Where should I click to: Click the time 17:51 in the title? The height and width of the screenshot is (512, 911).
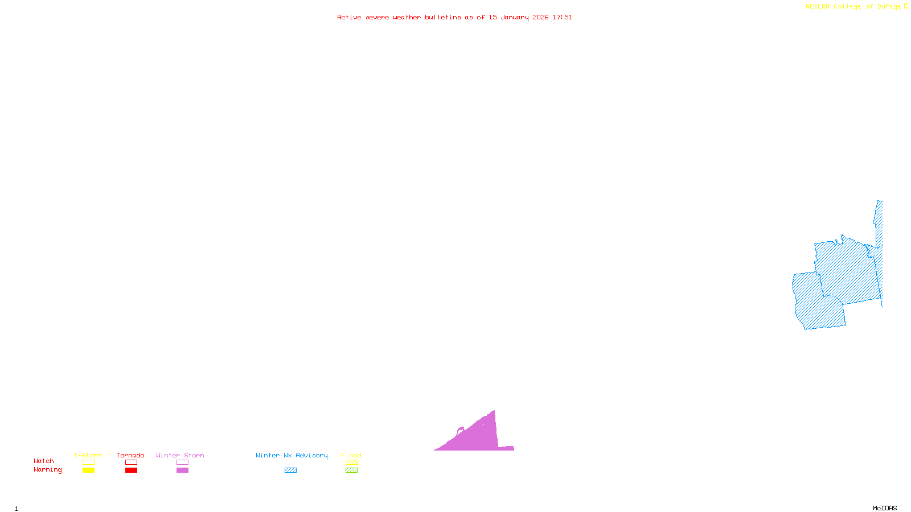(562, 17)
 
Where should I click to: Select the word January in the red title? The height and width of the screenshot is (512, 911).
(515, 17)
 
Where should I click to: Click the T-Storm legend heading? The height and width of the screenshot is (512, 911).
(88, 455)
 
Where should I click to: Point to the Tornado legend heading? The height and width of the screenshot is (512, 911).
(130, 455)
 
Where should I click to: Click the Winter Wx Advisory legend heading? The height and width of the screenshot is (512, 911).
(292, 455)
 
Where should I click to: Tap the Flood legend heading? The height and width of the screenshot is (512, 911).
(351, 455)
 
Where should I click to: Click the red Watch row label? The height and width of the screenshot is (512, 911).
(44, 461)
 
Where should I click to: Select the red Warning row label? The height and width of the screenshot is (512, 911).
(47, 470)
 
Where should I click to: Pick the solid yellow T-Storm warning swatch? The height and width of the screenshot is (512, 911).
(88, 470)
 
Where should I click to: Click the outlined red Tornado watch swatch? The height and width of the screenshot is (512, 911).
(131, 463)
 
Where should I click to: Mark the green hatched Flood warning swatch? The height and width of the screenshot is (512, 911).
(352, 470)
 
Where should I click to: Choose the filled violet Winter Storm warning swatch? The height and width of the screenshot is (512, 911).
(182, 470)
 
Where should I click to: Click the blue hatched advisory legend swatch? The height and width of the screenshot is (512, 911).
(290, 470)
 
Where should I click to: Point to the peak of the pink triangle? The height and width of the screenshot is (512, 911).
(494, 411)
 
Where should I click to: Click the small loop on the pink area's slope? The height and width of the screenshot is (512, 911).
(461, 430)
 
